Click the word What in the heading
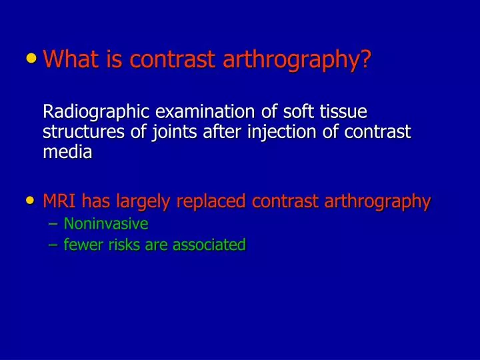click(69, 60)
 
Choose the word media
click(67, 152)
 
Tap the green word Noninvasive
click(105, 223)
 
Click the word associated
click(209, 245)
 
